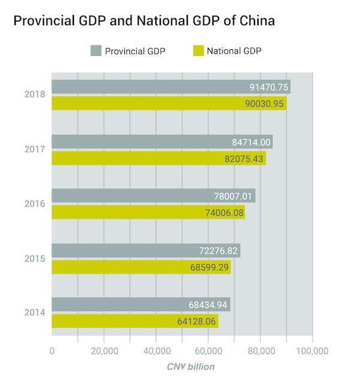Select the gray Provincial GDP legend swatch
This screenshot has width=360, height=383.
click(x=96, y=50)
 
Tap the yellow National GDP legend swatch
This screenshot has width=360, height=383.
click(x=198, y=50)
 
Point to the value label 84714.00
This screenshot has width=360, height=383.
click(x=251, y=142)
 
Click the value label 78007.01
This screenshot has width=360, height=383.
click(x=235, y=196)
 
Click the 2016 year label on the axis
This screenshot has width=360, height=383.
click(x=34, y=204)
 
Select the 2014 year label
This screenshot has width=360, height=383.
click(x=34, y=313)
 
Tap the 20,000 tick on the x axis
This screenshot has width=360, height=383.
click(x=104, y=351)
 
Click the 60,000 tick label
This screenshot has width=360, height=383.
click(x=208, y=351)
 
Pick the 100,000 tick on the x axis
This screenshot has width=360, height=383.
click(x=312, y=351)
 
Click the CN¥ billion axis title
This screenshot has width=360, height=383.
click(x=190, y=366)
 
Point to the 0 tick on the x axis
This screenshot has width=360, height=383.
click(x=52, y=351)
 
